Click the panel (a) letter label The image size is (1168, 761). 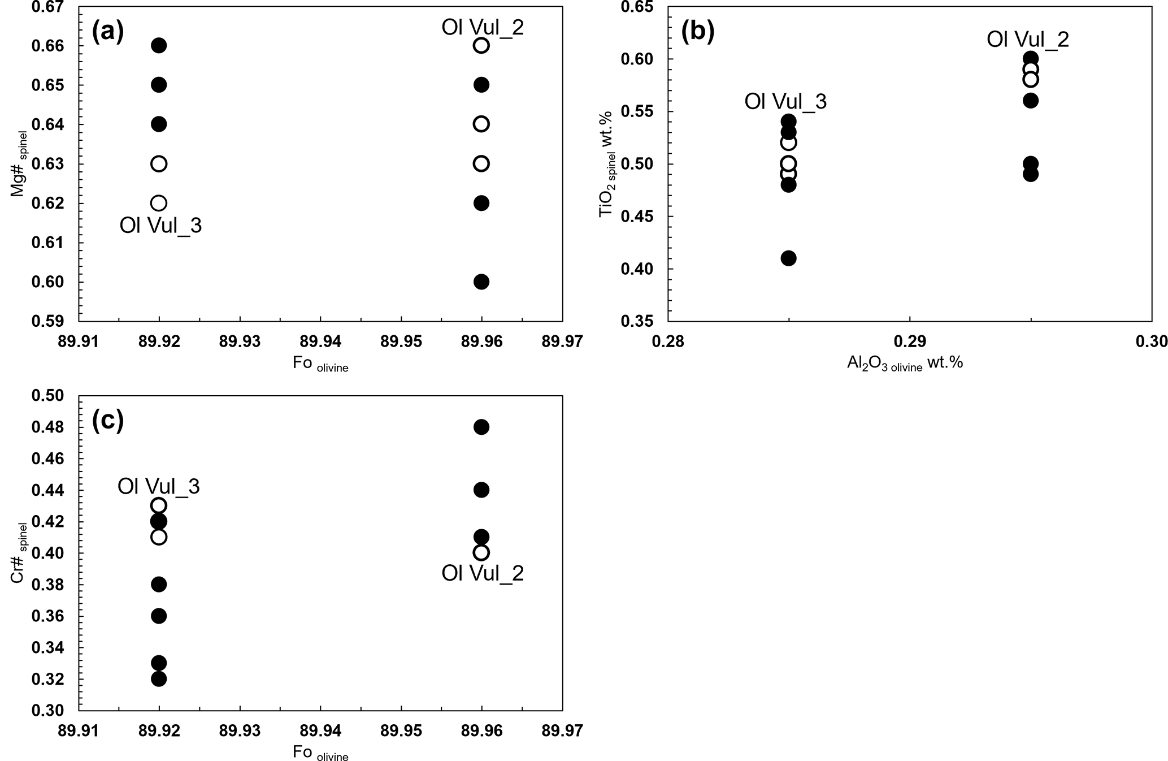pos(107,32)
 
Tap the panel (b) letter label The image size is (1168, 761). pos(697,32)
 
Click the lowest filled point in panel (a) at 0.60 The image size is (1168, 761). pos(481,282)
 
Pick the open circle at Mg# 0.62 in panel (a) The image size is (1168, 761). pos(159,203)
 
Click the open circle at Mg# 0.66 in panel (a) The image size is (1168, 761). pos(481,45)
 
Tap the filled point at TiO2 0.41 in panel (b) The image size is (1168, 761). pos(788,258)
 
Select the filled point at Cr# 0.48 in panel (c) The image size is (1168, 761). pos(481,427)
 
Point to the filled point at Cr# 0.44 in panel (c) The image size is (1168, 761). pos(481,490)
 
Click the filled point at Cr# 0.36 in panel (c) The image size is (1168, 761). pos(159,616)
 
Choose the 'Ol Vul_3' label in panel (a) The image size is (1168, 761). pos(160,226)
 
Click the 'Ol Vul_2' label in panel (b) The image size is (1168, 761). pos(1028,40)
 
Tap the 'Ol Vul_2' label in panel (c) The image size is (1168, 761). pos(483,573)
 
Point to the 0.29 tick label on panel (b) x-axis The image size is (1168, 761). pos(909,342)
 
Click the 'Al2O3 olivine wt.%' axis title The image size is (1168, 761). pos(905,363)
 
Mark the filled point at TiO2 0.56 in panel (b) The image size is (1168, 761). pos(1030,101)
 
